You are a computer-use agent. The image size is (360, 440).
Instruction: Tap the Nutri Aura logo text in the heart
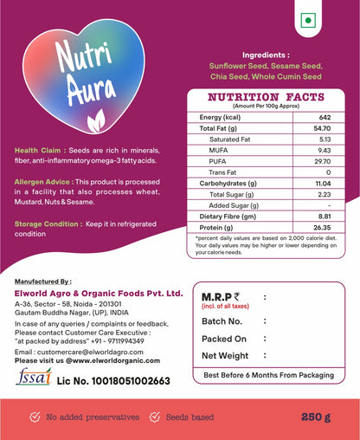pos(80,73)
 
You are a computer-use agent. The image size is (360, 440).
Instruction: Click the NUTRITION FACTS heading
pos(266,97)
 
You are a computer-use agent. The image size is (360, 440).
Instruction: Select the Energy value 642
pos(325,117)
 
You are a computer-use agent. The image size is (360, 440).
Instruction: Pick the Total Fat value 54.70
pos(325,128)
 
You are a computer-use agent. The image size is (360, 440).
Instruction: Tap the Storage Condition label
pos(47,223)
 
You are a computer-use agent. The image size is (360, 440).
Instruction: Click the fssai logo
pos(32,379)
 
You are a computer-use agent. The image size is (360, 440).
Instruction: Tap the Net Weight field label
pos(225,355)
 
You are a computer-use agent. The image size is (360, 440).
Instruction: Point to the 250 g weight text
pos(316,417)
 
